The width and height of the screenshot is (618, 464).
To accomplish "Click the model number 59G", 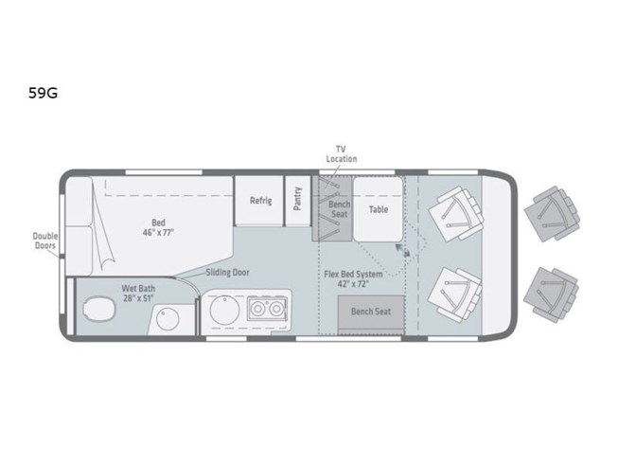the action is click(43, 93).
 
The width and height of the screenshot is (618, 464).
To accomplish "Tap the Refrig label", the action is click(261, 201).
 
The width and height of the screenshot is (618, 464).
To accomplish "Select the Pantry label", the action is click(297, 198).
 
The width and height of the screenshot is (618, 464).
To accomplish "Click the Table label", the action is click(379, 209).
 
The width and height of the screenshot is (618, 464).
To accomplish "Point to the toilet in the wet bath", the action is click(99, 308).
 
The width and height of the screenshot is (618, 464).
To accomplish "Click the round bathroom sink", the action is click(168, 319).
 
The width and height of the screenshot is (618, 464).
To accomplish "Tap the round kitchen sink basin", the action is click(224, 310).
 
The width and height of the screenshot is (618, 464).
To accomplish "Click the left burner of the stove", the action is click(258, 309).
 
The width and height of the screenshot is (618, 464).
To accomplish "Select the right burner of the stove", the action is click(276, 309).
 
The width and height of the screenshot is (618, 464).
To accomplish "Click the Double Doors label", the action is click(44, 241).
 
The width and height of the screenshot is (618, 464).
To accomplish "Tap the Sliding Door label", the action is click(227, 273).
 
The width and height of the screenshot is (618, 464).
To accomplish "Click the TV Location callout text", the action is click(342, 154).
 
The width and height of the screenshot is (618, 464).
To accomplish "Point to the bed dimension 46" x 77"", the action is click(158, 233).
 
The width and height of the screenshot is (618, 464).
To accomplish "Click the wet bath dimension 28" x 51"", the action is click(138, 298).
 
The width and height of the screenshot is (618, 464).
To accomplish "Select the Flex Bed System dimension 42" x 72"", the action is click(353, 284).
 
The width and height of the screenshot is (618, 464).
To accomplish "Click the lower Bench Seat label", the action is click(371, 312).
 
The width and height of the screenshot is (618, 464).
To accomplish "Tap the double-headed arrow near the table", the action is click(402, 250).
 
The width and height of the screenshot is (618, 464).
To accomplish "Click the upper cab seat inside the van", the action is click(456, 213).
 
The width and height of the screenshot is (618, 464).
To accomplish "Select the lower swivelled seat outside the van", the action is click(552, 294).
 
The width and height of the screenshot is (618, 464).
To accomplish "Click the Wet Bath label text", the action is click(138, 289).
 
